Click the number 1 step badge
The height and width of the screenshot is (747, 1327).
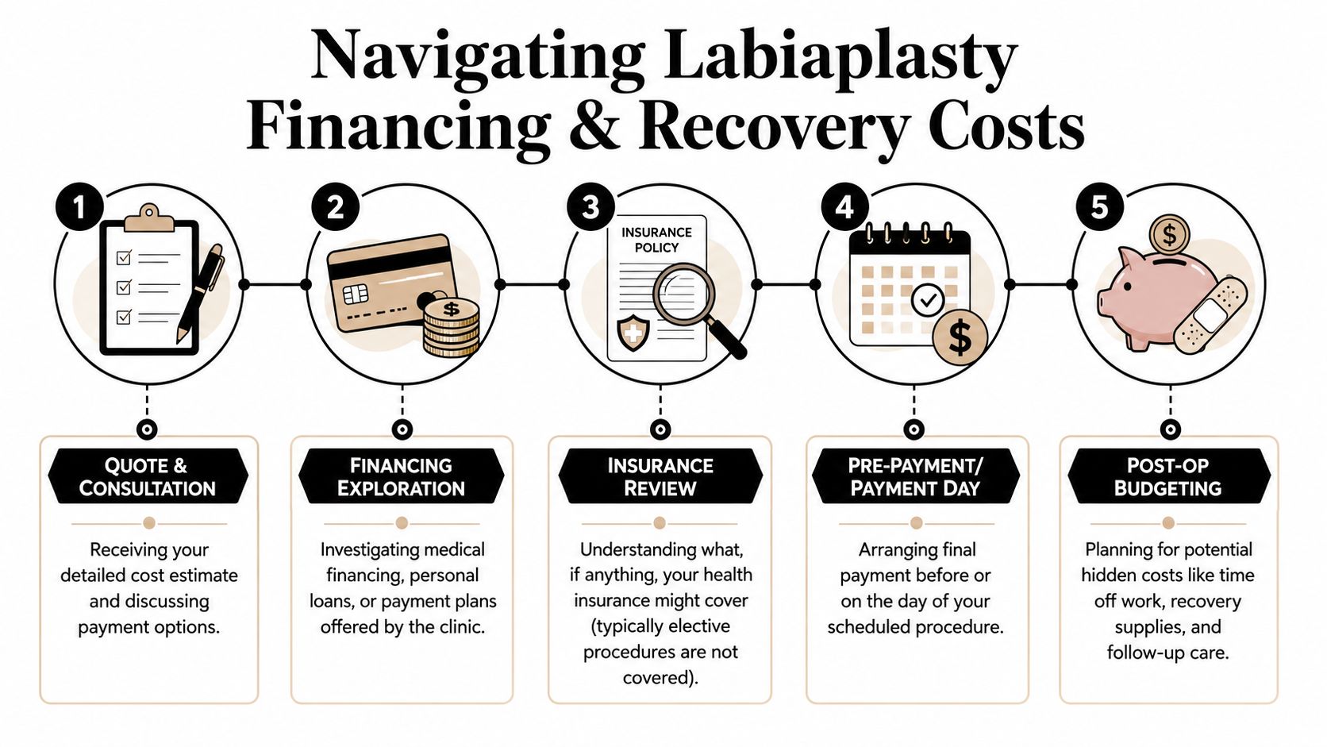click(79, 207)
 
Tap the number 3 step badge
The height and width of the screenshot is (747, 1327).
click(590, 207)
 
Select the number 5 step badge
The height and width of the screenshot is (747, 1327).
click(1099, 207)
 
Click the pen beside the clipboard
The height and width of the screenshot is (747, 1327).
click(200, 293)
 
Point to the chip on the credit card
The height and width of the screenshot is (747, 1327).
click(356, 293)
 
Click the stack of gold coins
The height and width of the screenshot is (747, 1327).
click(452, 327)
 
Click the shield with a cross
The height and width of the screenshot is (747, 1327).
click(633, 333)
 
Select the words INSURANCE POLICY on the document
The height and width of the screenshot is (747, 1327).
click(656, 240)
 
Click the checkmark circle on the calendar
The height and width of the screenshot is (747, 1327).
click(928, 300)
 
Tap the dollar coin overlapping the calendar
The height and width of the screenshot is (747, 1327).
click(960, 337)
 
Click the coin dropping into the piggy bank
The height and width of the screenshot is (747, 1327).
click(1169, 236)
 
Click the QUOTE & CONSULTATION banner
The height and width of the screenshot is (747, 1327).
click(148, 476)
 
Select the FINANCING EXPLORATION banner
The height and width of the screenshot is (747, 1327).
click(401, 476)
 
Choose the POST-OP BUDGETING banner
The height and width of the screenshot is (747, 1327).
click(1168, 476)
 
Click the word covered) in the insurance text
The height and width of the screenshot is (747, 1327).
click(660, 677)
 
